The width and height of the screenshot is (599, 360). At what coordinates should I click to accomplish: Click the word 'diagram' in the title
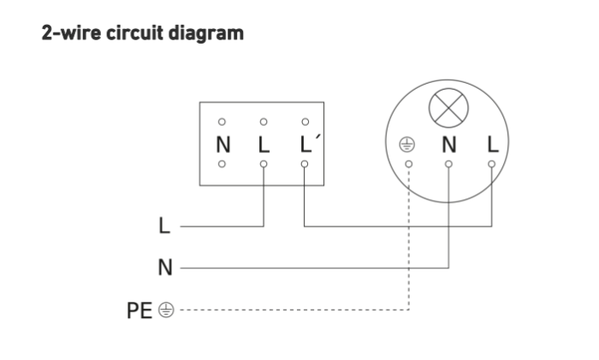tap(206, 33)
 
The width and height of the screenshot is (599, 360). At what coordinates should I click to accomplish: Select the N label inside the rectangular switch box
tap(223, 145)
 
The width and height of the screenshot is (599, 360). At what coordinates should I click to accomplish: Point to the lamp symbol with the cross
tap(448, 108)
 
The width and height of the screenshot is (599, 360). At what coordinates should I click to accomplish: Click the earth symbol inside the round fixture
tap(406, 145)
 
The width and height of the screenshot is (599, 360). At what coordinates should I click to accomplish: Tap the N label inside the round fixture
tap(449, 145)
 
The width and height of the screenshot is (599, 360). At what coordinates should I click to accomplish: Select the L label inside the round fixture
tap(493, 145)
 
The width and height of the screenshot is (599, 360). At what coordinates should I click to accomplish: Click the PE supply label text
tap(139, 310)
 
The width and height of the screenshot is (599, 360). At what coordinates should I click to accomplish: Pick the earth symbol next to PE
tap(166, 310)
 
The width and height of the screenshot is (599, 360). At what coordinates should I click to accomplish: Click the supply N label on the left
tap(165, 268)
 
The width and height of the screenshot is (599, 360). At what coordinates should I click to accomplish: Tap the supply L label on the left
tap(164, 225)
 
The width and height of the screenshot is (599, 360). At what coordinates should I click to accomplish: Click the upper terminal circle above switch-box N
tap(222, 121)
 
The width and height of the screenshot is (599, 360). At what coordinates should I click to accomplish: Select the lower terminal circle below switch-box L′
tap(305, 164)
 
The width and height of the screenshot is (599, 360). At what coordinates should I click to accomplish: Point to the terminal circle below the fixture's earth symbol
tap(409, 164)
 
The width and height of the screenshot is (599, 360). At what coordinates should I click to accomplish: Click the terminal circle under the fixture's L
tap(492, 164)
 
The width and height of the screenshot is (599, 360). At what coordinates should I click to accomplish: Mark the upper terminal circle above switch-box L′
tap(305, 121)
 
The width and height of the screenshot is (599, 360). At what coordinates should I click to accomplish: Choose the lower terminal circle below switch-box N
tap(222, 164)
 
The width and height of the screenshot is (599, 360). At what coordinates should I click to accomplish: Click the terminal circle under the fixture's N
tap(448, 164)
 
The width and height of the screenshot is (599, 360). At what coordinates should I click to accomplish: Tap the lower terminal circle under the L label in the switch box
tap(264, 164)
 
